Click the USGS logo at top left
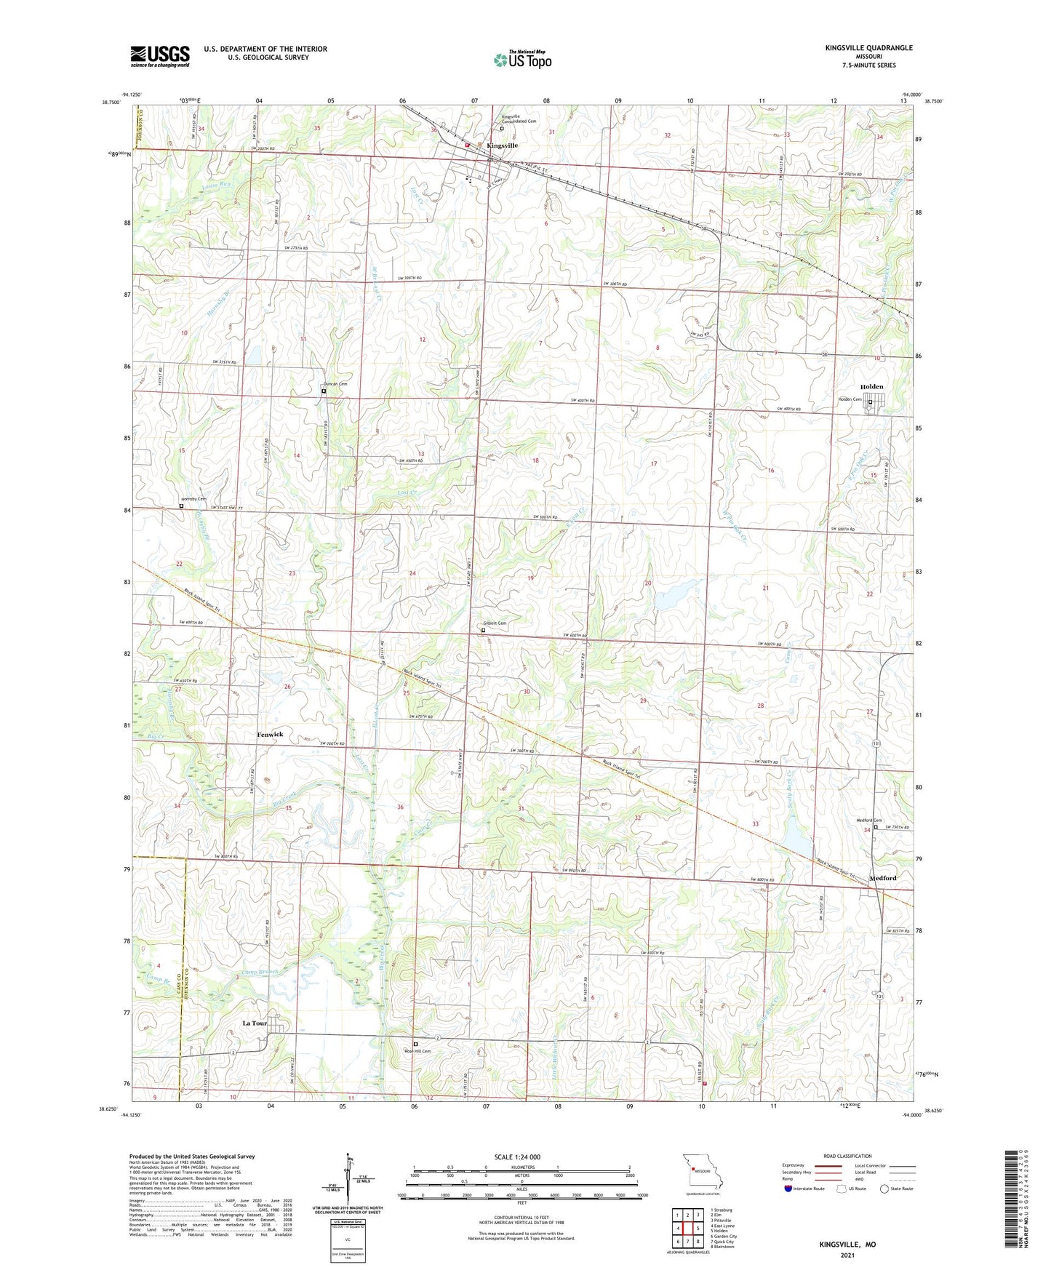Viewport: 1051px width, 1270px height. [x=159, y=55]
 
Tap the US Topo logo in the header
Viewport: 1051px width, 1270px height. [x=522, y=60]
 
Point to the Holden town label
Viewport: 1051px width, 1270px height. [x=871, y=387]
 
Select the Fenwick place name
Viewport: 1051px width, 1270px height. [x=270, y=735]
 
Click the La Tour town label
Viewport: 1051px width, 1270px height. [x=255, y=1023]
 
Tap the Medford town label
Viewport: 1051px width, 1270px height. [x=883, y=878]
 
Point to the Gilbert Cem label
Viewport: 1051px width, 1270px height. [x=495, y=623]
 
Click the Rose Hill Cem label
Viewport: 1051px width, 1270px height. [x=417, y=1051]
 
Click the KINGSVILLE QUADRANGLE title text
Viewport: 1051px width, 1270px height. [x=868, y=48]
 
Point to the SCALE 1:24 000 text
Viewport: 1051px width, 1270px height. [x=516, y=1157]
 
